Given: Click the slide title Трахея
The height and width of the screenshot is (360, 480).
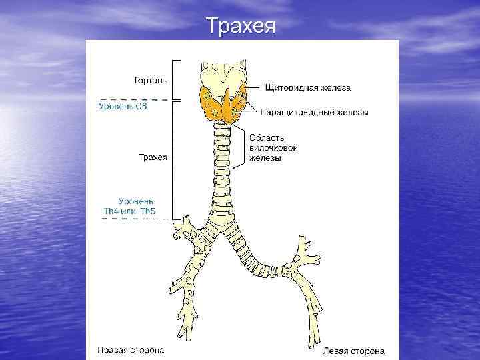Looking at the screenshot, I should coord(239,26).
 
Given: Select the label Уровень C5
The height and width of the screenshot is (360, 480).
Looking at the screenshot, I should coord(122,106).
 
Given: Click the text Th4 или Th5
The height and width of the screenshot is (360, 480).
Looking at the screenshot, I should coord(129,211).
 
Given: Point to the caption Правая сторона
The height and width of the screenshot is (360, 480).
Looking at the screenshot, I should coord(131,349).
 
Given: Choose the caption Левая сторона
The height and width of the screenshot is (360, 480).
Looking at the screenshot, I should coord(353,349).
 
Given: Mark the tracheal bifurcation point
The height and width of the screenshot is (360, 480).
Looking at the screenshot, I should coord(222,241).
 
